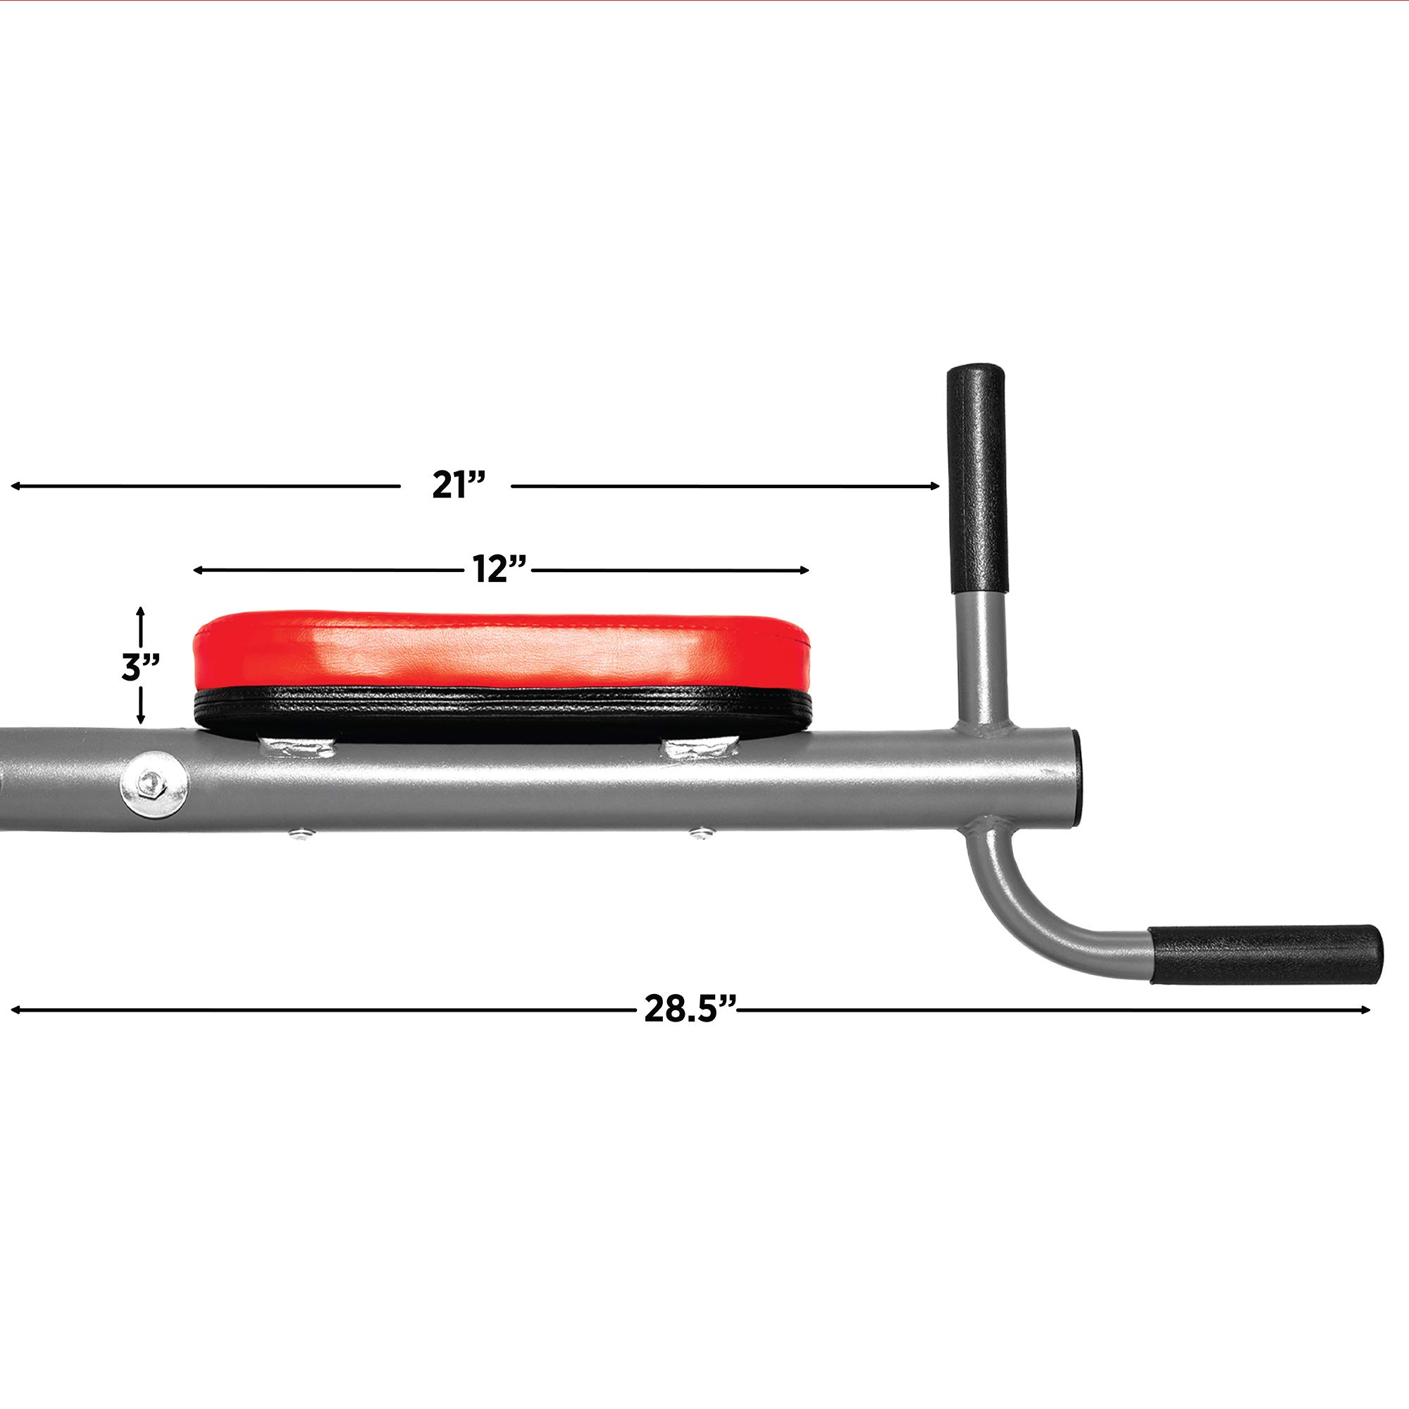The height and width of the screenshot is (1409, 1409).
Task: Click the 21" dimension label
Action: (458, 485)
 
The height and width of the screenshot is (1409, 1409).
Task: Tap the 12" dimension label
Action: (499, 569)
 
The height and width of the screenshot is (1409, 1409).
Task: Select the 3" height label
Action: (140, 666)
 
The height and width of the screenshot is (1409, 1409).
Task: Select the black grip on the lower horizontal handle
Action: (1265, 955)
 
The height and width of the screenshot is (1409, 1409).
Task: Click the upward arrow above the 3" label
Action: (141, 613)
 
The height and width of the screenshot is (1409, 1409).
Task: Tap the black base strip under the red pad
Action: (502, 711)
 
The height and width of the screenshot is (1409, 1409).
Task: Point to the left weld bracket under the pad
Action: (296, 747)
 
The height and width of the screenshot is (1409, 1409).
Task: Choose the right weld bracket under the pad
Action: (698, 747)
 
